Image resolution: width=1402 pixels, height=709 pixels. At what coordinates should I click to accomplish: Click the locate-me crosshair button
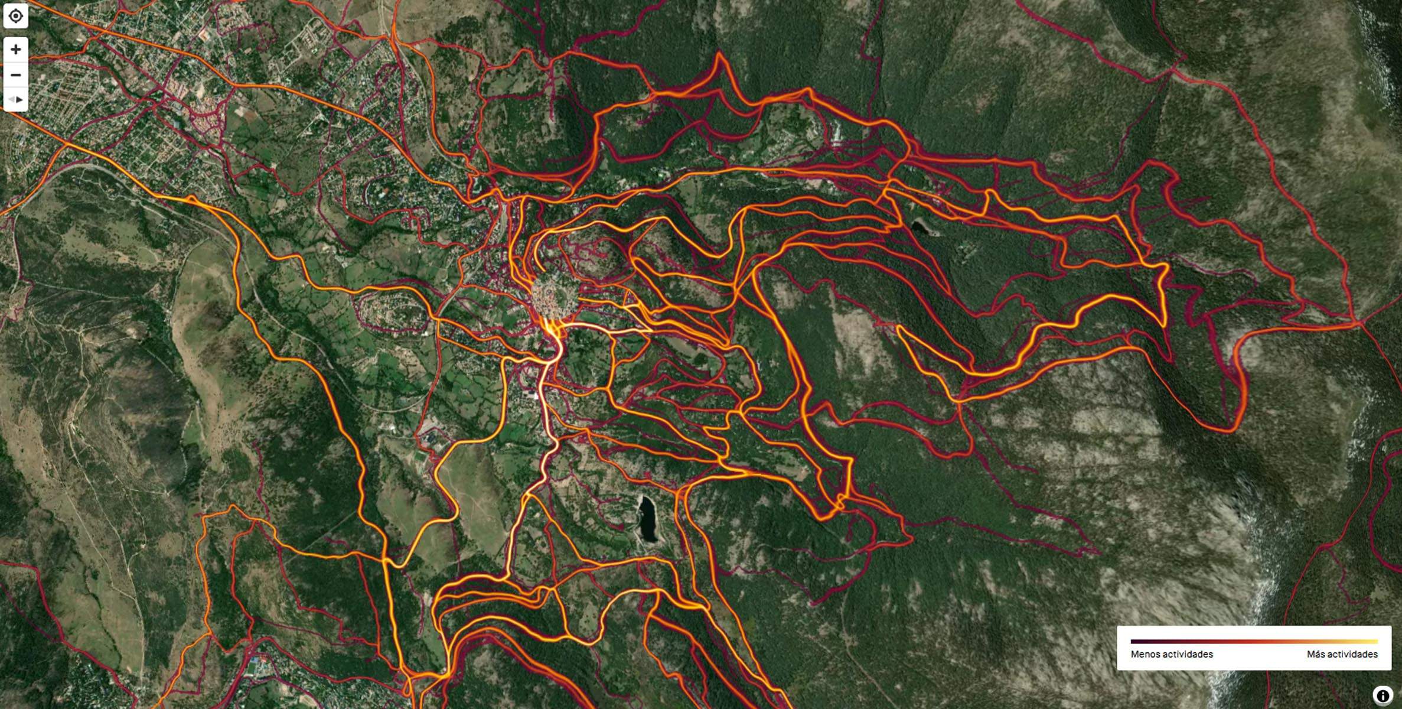click(16, 16)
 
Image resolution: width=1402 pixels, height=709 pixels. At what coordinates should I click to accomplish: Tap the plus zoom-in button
click(16, 49)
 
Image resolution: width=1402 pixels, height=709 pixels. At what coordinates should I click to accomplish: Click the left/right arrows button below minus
click(16, 99)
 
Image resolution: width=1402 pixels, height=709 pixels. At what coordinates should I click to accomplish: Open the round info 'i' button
click(1382, 696)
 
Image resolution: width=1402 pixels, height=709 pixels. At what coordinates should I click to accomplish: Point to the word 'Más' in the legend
click(1316, 654)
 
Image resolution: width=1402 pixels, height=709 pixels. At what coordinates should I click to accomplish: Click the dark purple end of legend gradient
click(1133, 641)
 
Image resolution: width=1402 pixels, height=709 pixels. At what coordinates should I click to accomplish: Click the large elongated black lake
click(648, 519)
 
